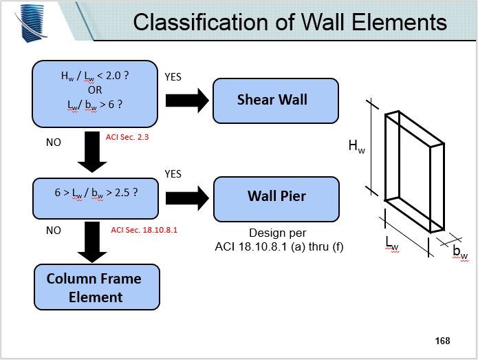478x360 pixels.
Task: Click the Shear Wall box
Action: point(276,100)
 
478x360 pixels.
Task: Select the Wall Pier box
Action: point(276,196)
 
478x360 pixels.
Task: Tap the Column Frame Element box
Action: point(96,288)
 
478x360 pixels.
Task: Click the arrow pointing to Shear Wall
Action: point(188,100)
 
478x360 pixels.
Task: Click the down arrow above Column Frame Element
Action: point(92,241)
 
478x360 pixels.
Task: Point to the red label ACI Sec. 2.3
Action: point(127,138)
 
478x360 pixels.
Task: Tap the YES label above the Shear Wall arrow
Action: point(173,77)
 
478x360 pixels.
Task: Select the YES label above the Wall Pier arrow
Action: point(173,174)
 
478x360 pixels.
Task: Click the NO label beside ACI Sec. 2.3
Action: point(53,142)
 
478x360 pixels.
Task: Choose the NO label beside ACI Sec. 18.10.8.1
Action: point(53,231)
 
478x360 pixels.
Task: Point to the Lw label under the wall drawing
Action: point(392,242)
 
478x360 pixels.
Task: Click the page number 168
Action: point(442,340)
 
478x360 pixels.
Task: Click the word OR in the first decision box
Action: point(95,89)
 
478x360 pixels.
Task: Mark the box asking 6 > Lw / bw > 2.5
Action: point(96,193)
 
